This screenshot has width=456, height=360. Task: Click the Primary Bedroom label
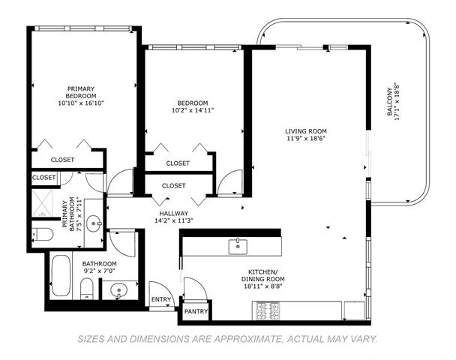point(81,92)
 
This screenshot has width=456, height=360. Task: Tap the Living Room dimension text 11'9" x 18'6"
point(306,139)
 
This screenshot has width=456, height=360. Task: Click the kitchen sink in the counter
point(238,246)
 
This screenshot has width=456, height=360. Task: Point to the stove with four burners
point(268,310)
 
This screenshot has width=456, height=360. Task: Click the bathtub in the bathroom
point(61,276)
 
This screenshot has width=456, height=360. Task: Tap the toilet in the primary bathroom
point(43,234)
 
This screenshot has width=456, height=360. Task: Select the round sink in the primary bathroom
point(94,223)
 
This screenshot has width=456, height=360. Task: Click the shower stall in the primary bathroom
point(43,203)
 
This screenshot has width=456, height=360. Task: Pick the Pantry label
point(196,311)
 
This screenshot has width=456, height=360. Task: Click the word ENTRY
point(161,299)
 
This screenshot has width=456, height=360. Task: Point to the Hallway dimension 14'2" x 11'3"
point(174,220)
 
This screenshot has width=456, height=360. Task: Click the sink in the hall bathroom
point(119,290)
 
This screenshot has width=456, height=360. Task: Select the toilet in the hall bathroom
point(86,289)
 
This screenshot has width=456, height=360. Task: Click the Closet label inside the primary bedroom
point(62,160)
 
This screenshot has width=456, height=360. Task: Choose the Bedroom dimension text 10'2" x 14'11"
point(193,110)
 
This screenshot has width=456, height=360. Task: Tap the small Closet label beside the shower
point(43,178)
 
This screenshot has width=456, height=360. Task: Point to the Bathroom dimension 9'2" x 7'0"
point(99,271)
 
